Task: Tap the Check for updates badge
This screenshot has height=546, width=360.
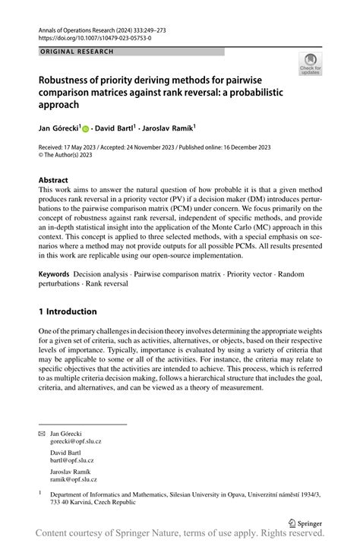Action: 309,65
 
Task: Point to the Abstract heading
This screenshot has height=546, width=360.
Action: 58,181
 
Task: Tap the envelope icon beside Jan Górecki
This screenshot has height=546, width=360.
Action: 42,432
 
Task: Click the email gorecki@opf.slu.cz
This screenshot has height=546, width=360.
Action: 77,440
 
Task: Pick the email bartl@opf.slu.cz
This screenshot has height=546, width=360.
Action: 72,460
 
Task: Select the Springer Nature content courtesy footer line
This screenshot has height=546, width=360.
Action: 180,537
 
